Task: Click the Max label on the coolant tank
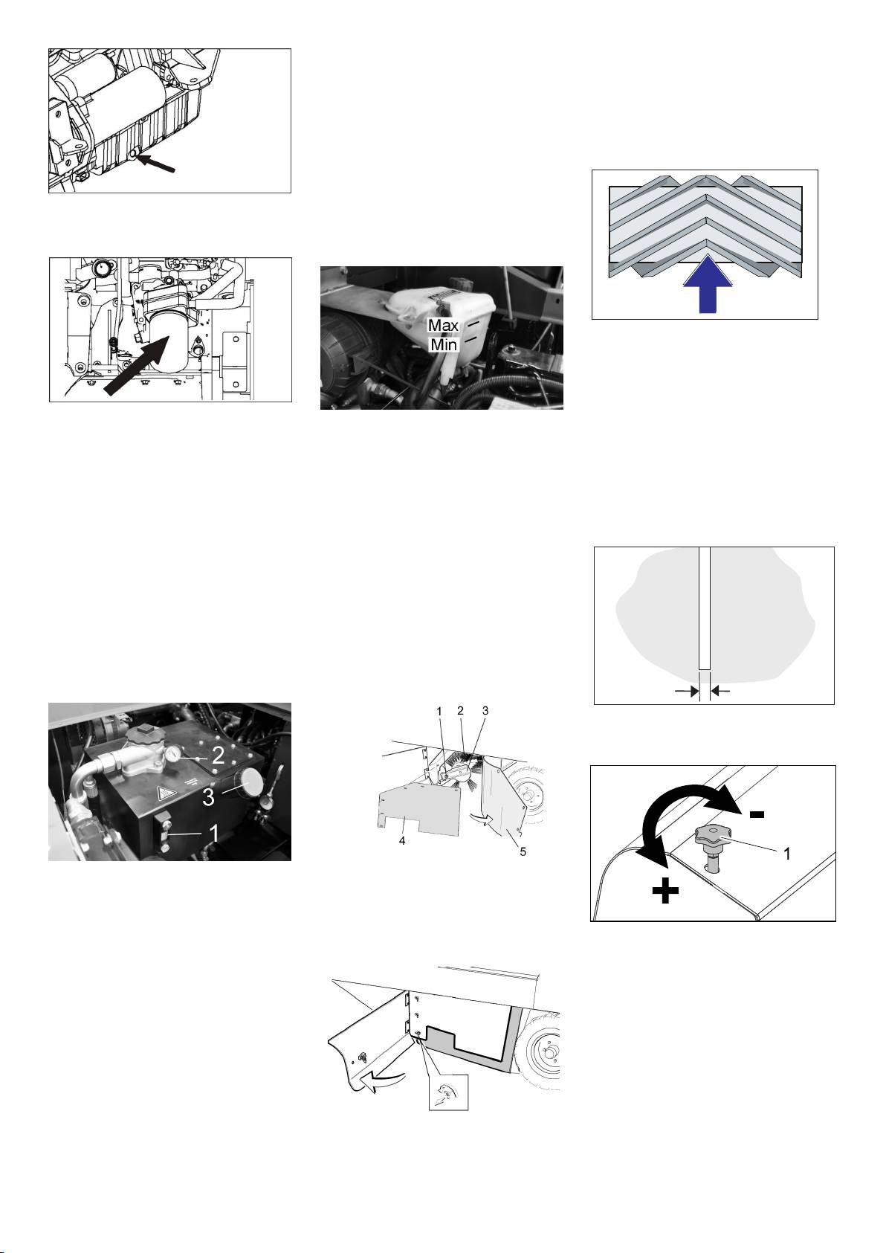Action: click(x=443, y=325)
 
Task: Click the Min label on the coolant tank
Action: click(x=444, y=344)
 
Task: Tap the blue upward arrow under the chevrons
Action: click(x=708, y=283)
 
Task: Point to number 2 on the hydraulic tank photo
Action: click(x=218, y=756)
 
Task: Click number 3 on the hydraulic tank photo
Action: click(x=209, y=796)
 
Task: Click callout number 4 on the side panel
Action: click(x=402, y=841)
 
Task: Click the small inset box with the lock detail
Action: click(x=448, y=1092)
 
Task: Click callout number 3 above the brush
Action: click(x=485, y=710)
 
